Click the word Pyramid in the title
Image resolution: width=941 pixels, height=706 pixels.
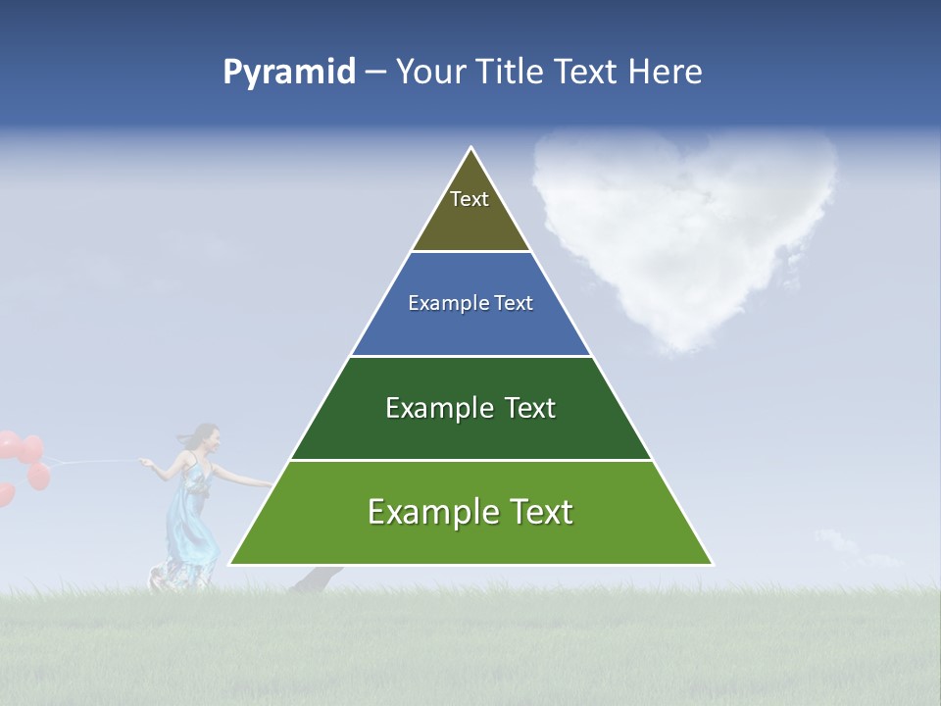(x=288, y=73)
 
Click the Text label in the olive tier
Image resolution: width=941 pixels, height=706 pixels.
(x=470, y=199)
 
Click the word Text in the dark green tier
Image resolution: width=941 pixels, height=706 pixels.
(x=530, y=408)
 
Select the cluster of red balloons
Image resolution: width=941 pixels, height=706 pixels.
(x=24, y=461)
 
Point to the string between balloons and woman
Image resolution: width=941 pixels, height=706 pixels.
(x=93, y=460)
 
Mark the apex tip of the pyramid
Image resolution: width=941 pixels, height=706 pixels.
(x=471, y=149)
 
